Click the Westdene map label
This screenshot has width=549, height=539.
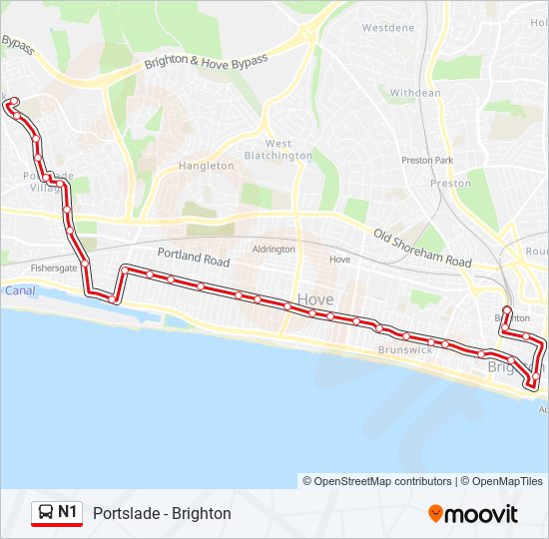(388, 28)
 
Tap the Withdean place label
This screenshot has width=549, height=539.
(414, 93)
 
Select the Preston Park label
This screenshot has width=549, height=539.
(427, 160)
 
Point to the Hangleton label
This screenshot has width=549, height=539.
(206, 166)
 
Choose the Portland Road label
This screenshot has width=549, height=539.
(194, 258)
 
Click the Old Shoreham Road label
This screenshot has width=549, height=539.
(422, 249)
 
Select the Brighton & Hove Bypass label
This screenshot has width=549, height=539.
(207, 62)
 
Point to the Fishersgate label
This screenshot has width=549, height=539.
(53, 268)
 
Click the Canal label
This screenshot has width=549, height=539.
(19, 290)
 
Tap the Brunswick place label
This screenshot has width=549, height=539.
(405, 350)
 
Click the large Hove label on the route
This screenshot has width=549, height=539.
(315, 299)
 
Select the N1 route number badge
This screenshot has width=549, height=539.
(67, 513)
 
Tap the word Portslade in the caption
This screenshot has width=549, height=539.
(125, 514)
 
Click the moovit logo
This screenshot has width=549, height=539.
(473, 514)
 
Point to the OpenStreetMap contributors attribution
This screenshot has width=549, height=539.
(382, 481)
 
